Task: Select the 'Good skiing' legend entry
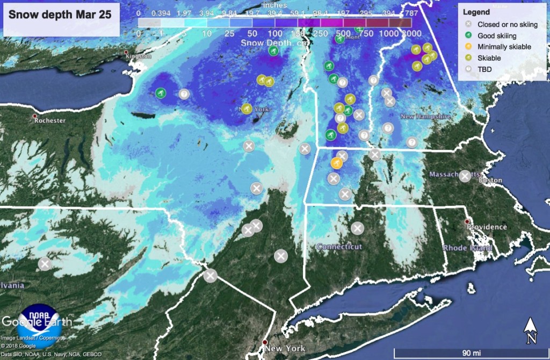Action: coord(497,36)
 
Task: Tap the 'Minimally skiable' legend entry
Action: coord(504,47)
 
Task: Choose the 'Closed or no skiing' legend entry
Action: coord(507,25)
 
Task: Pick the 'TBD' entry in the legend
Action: coord(485,69)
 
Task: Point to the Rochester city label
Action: coord(49,120)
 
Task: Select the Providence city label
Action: coord(487,227)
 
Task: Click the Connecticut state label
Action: coord(339,247)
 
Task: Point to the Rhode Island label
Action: coord(467,248)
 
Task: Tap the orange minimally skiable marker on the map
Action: coord(337,163)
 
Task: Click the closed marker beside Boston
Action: coord(465,176)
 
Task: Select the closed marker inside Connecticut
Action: coord(357,228)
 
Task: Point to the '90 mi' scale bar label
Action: coord(471,352)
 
